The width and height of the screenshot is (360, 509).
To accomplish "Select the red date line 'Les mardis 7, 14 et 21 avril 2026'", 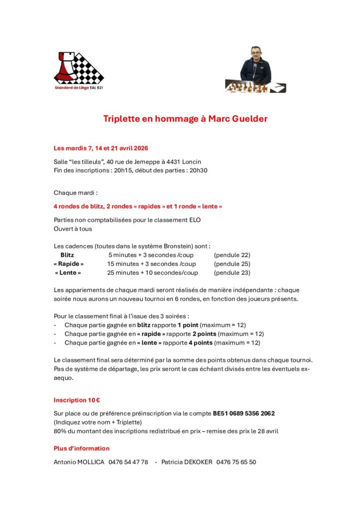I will pos(101,148).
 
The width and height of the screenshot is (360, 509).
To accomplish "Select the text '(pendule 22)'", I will pos(232,255).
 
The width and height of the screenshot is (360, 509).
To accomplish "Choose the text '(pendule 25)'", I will pos(232,264).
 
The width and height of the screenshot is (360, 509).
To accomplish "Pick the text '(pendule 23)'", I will pos(232,273).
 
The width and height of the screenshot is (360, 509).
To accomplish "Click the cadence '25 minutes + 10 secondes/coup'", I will pos(153,273).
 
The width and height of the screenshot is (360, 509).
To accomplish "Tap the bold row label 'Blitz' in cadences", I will pos(67,255).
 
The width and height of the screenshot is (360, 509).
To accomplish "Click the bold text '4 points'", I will pos(202,342).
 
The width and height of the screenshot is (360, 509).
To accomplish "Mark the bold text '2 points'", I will pos(204,334).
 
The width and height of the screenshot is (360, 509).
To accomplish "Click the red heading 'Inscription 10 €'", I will pos(74,400).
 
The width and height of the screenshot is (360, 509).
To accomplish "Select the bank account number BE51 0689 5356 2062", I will pos(244,414).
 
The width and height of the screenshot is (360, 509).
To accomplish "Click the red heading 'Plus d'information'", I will pos(82,448).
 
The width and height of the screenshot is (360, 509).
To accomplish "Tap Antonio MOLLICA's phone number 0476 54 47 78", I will pos(128,462).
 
